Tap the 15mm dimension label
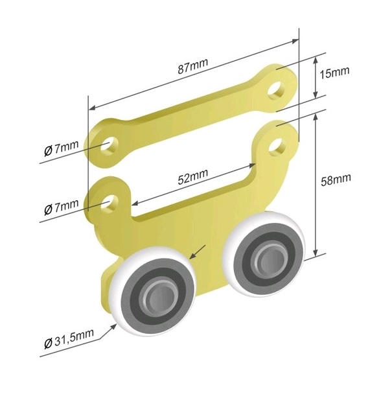tap(334, 73)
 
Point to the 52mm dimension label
tap(193, 176)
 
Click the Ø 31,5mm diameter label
tap(69, 339)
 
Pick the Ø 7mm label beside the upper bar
tap(61, 148)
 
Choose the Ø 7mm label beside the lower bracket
tap(61, 207)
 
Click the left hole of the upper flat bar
tap(109, 145)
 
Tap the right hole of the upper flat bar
tap(276, 90)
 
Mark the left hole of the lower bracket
tap(109, 203)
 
